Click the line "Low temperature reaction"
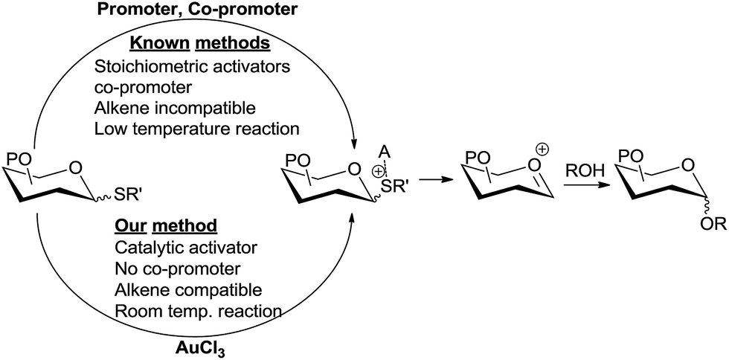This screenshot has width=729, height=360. coord(196,128)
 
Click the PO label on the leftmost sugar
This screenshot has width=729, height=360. coord(21,158)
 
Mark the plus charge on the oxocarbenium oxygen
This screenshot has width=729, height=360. coord(543,149)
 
